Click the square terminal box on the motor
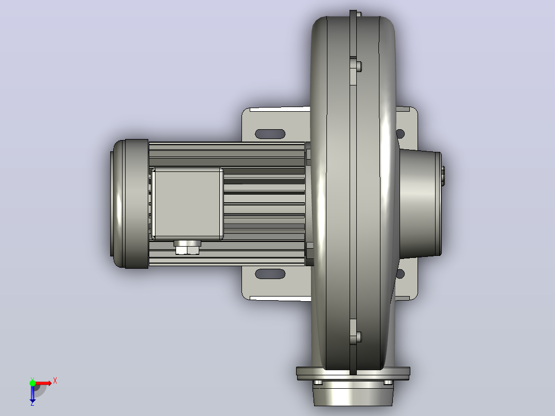(x=187, y=203)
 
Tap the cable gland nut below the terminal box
(x=187, y=248)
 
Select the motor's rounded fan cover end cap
(x=130, y=203)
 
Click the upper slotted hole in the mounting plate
(x=270, y=134)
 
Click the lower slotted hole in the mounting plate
(x=270, y=274)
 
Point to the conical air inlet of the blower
(x=420, y=203)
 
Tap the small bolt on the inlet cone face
(x=443, y=176)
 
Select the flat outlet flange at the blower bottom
(x=353, y=373)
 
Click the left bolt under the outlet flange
(x=318, y=383)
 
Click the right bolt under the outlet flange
(x=388, y=383)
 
